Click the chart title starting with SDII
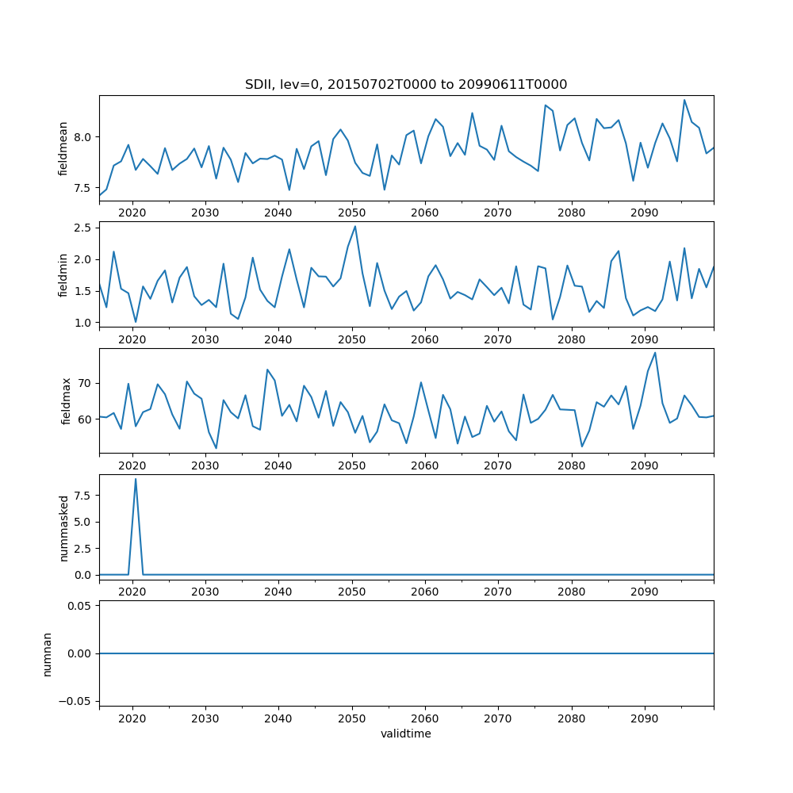click(406, 85)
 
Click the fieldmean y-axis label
click(63, 148)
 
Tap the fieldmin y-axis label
click(63, 274)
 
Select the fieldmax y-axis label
click(66, 400)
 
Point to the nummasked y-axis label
click(63, 527)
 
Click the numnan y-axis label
click(48, 653)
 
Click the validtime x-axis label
click(406, 734)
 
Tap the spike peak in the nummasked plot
click(136, 479)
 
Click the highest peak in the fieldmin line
click(354, 226)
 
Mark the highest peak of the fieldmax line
click(655, 352)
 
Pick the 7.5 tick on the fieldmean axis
click(82, 188)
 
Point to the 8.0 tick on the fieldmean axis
click(82, 137)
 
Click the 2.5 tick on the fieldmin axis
click(82, 228)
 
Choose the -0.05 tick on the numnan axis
click(76, 701)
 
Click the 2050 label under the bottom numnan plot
click(351, 718)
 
